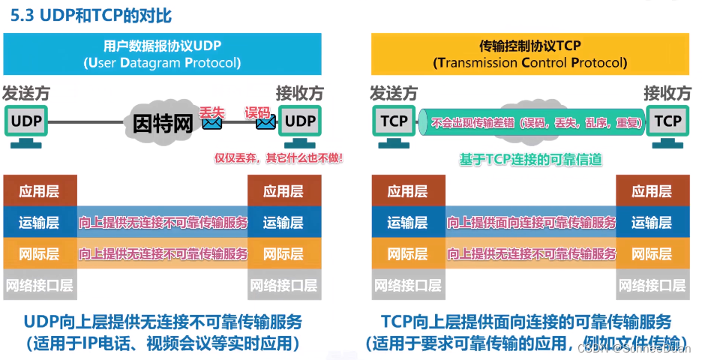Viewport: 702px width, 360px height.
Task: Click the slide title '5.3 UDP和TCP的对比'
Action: tap(89, 14)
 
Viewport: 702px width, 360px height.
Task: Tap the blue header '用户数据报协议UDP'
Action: tap(162, 45)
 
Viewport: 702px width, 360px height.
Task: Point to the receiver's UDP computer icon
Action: tap(300, 122)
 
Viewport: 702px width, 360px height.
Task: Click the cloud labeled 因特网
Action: tap(163, 122)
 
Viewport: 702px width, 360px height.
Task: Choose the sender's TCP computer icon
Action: tap(394, 122)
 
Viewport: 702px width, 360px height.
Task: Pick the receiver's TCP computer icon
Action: tap(667, 122)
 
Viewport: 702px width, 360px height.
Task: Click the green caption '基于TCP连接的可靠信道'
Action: tap(531, 159)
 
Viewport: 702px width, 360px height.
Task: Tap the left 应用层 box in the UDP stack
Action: tap(39, 191)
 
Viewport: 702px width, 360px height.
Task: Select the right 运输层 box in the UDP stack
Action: tap(283, 222)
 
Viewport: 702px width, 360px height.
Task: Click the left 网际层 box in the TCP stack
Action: tap(407, 253)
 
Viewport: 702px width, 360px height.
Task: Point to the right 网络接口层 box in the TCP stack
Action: tap(651, 285)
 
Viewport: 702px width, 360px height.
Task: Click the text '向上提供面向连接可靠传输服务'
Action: tap(531, 222)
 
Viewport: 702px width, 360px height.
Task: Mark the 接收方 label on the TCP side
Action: tap(667, 94)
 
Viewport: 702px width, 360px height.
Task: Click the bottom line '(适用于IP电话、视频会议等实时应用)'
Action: tap(163, 344)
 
